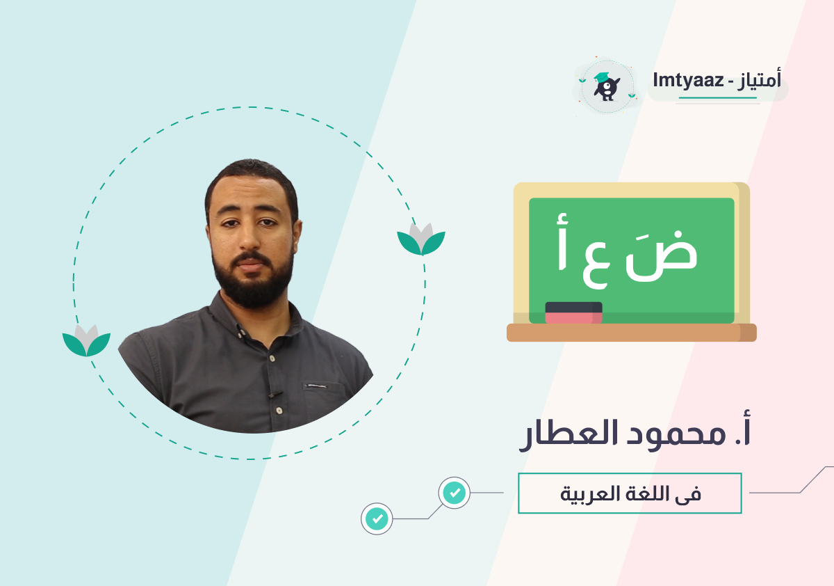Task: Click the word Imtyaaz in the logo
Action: [688, 81]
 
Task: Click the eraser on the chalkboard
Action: [574, 312]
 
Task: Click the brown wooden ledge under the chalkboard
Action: [632, 333]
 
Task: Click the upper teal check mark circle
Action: [455, 493]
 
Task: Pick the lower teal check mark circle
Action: [377, 519]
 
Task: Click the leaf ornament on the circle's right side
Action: [421, 239]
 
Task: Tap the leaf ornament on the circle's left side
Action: [86, 340]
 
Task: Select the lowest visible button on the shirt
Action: [279, 411]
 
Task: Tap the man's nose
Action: [249, 239]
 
